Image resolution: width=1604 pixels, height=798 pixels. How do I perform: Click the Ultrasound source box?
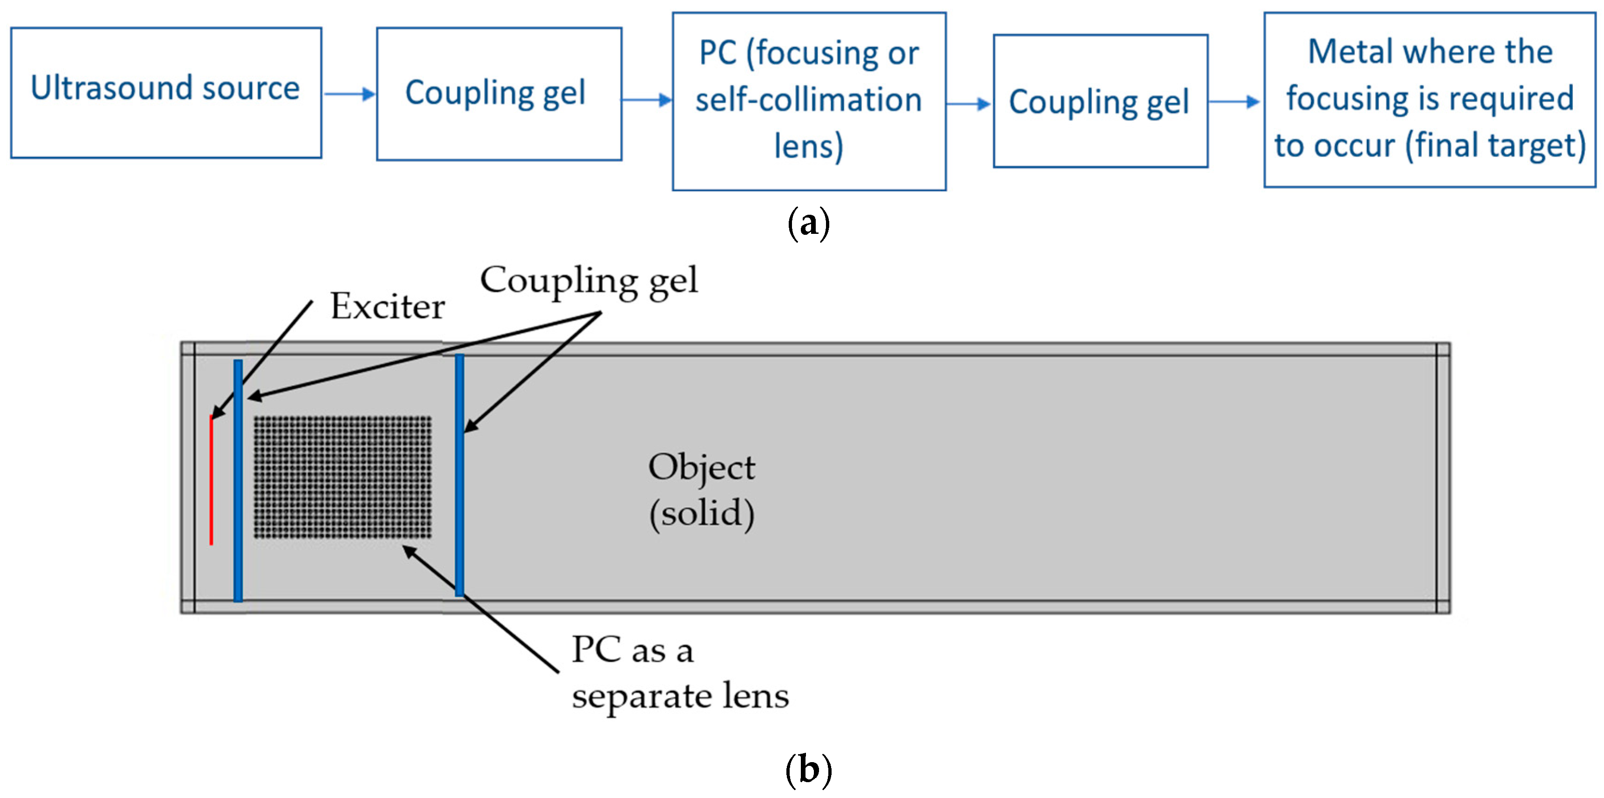[166, 92]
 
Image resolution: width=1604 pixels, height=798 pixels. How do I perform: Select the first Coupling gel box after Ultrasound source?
[499, 93]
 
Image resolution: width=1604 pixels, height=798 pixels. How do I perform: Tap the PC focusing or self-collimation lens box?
[809, 101]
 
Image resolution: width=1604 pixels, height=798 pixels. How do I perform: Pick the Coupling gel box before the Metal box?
[1100, 101]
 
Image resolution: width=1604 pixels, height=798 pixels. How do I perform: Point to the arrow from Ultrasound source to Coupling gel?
[349, 94]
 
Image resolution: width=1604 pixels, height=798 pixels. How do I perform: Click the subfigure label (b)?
[808, 770]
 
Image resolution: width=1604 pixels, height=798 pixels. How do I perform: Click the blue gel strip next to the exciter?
[238, 481]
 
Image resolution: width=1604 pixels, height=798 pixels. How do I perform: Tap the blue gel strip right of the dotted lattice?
[459, 476]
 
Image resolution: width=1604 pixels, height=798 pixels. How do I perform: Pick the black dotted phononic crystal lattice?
[342, 477]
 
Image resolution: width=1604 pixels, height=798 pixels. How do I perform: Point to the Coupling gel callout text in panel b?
[588, 281]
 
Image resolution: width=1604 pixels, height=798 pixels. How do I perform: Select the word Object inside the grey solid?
[701, 467]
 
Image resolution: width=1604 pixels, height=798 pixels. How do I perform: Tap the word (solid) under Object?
[701, 513]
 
